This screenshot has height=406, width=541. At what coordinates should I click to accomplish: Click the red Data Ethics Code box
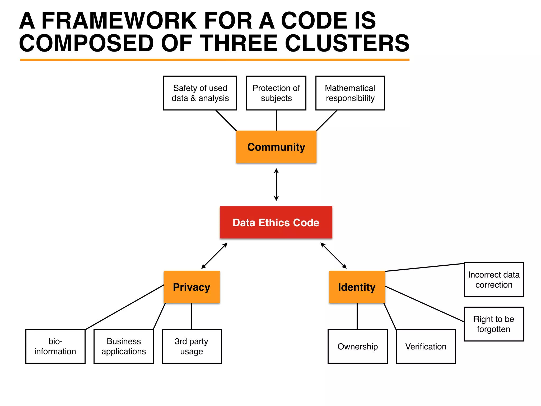point(276,222)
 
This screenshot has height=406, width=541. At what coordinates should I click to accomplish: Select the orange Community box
point(276,147)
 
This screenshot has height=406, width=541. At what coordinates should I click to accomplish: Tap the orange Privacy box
point(192,287)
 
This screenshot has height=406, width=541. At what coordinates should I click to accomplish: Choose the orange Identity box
point(357,287)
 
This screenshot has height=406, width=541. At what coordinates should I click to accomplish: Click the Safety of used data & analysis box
point(200,93)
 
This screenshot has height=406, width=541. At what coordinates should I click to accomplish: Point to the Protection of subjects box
point(276,93)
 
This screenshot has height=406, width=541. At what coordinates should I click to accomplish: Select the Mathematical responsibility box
point(350,93)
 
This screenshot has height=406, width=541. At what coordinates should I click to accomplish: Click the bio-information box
point(55,346)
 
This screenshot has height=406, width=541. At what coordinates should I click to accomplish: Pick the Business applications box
point(123,346)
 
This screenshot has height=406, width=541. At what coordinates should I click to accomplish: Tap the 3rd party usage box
point(192,346)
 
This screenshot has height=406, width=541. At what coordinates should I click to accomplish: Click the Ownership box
point(357,346)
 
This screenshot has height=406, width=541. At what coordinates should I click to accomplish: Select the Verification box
point(426,346)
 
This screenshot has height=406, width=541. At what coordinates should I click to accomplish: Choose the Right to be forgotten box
point(494,324)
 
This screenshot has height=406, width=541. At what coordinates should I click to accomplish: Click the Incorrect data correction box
point(494,280)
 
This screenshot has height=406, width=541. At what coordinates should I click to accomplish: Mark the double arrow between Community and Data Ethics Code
point(276,184)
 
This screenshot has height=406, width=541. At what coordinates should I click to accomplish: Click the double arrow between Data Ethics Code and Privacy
point(214,256)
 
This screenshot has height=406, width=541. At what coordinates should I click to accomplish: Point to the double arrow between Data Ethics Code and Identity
point(333,256)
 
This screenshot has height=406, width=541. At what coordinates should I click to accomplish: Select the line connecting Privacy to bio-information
point(124,307)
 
